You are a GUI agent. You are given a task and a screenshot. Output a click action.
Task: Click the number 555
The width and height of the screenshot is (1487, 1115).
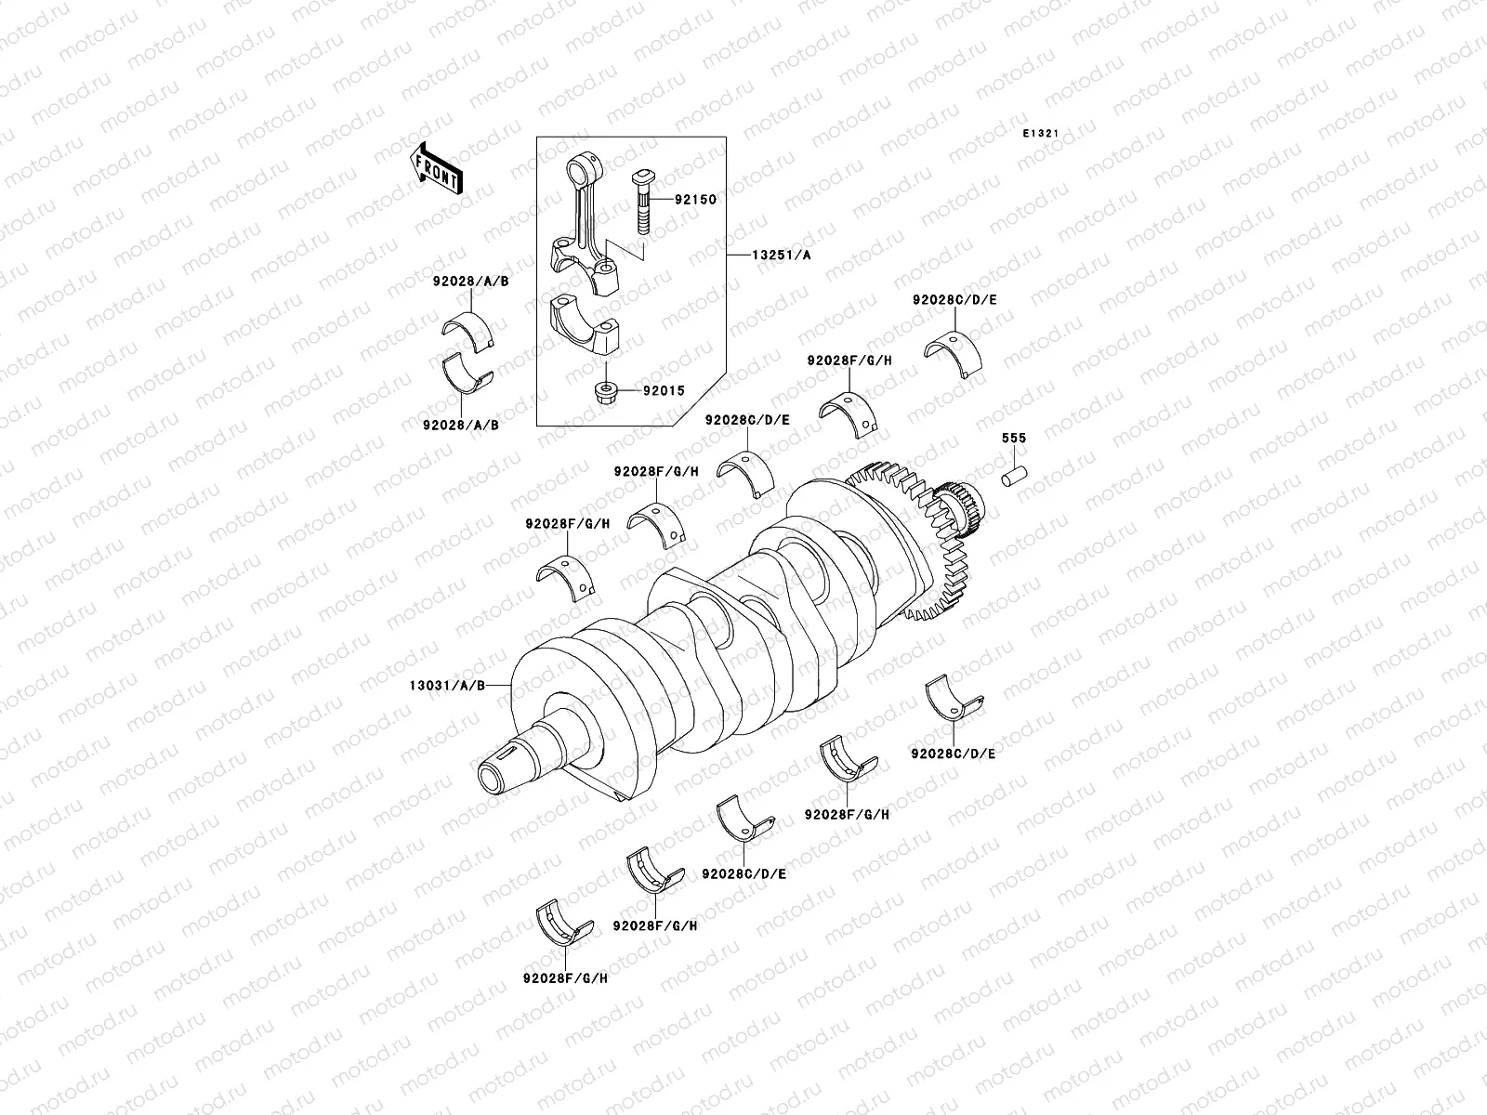pyautogui.click(x=1013, y=438)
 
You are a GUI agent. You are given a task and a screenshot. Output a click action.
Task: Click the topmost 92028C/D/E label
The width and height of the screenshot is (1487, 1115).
pyautogui.click(x=954, y=300)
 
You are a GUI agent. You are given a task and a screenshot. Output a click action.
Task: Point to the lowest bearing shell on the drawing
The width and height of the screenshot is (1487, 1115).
pyautogui.click(x=565, y=920)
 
